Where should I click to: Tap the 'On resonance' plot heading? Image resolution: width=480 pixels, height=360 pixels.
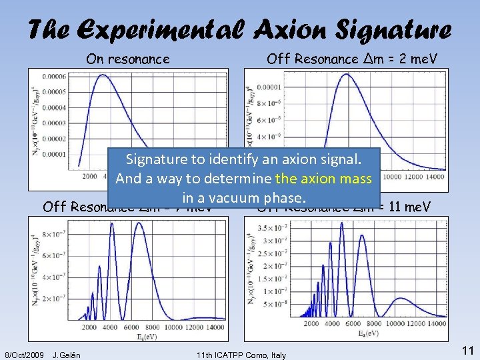[128, 59]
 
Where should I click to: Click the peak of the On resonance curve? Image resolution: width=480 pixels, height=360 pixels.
[101, 75]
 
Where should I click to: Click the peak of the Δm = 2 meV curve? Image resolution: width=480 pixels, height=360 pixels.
[344, 74]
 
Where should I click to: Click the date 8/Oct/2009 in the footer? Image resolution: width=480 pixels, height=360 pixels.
[24, 354]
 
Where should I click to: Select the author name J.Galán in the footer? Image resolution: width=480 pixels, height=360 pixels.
[66, 354]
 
